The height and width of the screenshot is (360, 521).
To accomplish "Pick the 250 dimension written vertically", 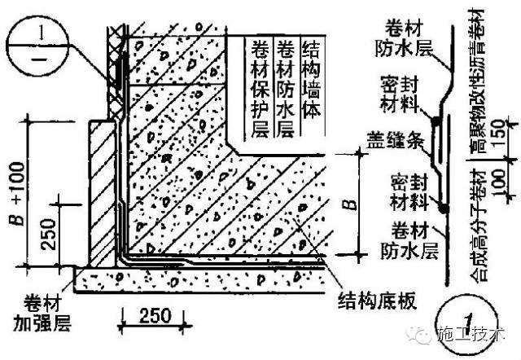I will [50, 236].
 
